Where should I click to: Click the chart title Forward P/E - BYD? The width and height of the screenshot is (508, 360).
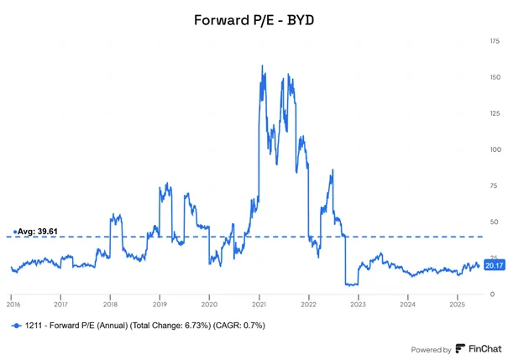254,20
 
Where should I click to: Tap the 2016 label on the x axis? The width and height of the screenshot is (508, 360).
13,305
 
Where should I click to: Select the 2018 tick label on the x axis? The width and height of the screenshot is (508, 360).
110,305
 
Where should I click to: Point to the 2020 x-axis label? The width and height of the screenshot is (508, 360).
209,305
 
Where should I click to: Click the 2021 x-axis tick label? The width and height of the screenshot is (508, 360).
259,305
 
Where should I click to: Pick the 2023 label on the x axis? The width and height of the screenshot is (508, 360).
358,305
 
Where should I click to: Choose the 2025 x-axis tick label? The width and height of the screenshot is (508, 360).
457,305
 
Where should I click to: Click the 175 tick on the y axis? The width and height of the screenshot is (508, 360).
495,41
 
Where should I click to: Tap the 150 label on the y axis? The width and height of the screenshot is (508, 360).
495,77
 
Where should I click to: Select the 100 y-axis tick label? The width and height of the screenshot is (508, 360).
495,149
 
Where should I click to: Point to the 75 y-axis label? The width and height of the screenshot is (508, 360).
494,185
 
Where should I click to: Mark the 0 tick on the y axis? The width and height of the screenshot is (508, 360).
492,295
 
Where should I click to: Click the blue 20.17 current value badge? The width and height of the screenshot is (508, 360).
495,265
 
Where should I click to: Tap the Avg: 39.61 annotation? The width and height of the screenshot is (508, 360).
35,232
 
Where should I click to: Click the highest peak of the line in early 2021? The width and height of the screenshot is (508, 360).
262,65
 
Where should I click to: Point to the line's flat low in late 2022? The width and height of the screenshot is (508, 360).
352,284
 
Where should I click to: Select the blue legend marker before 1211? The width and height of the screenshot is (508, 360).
16,326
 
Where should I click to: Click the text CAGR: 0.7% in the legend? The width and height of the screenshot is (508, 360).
238,326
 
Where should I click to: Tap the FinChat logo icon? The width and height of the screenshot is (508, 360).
460,348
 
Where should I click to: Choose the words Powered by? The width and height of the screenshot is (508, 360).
431,350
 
